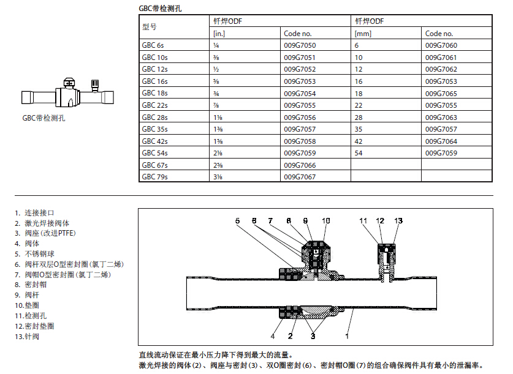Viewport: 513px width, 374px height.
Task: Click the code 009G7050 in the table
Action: pyautogui.click(x=299, y=45)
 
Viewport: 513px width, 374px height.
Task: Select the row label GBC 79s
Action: pyautogui.click(x=154, y=177)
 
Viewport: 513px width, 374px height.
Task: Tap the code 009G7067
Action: pyautogui.click(x=299, y=177)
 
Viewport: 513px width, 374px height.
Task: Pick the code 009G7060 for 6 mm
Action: pyautogui.click(x=441, y=45)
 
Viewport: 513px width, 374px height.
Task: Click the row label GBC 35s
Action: pyautogui.click(x=154, y=129)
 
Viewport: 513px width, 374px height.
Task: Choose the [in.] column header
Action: pyautogui.click(x=219, y=34)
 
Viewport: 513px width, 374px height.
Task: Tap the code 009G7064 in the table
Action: pyautogui.click(x=441, y=141)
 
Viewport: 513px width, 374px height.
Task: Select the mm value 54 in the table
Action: pyautogui.click(x=359, y=153)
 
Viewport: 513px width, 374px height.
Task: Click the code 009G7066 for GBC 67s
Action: pyautogui.click(x=299, y=165)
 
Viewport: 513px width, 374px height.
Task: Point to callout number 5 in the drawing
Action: pyautogui.click(x=237, y=220)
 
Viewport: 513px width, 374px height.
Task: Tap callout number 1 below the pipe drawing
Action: pyautogui.click(x=348, y=335)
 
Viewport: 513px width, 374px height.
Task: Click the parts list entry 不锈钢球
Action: pyautogui.click(x=40, y=254)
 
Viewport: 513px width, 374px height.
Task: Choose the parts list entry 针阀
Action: pyautogui.click(x=31, y=337)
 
